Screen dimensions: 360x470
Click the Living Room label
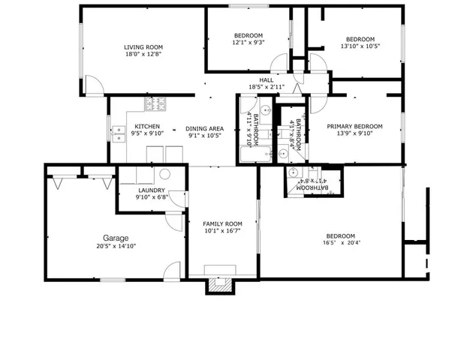tap(143, 47)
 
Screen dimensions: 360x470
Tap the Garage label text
tap(116, 238)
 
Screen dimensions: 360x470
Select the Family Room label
tap(223, 223)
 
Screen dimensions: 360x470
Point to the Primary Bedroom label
tap(354, 126)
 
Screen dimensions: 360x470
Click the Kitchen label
tap(146, 126)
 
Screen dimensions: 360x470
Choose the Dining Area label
tap(204, 128)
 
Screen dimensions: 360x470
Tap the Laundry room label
tap(151, 190)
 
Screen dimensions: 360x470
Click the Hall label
tap(267, 79)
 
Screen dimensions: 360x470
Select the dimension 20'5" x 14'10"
tap(116, 246)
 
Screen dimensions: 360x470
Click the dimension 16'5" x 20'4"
tap(339, 243)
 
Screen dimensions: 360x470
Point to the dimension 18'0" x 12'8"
tap(143, 54)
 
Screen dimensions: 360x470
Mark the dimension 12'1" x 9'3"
tap(248, 43)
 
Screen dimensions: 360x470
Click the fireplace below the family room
tap(220, 284)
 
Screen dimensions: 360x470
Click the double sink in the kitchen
tap(119, 133)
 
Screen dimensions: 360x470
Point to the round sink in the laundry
tap(165, 173)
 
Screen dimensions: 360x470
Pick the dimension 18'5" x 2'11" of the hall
tap(267, 87)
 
